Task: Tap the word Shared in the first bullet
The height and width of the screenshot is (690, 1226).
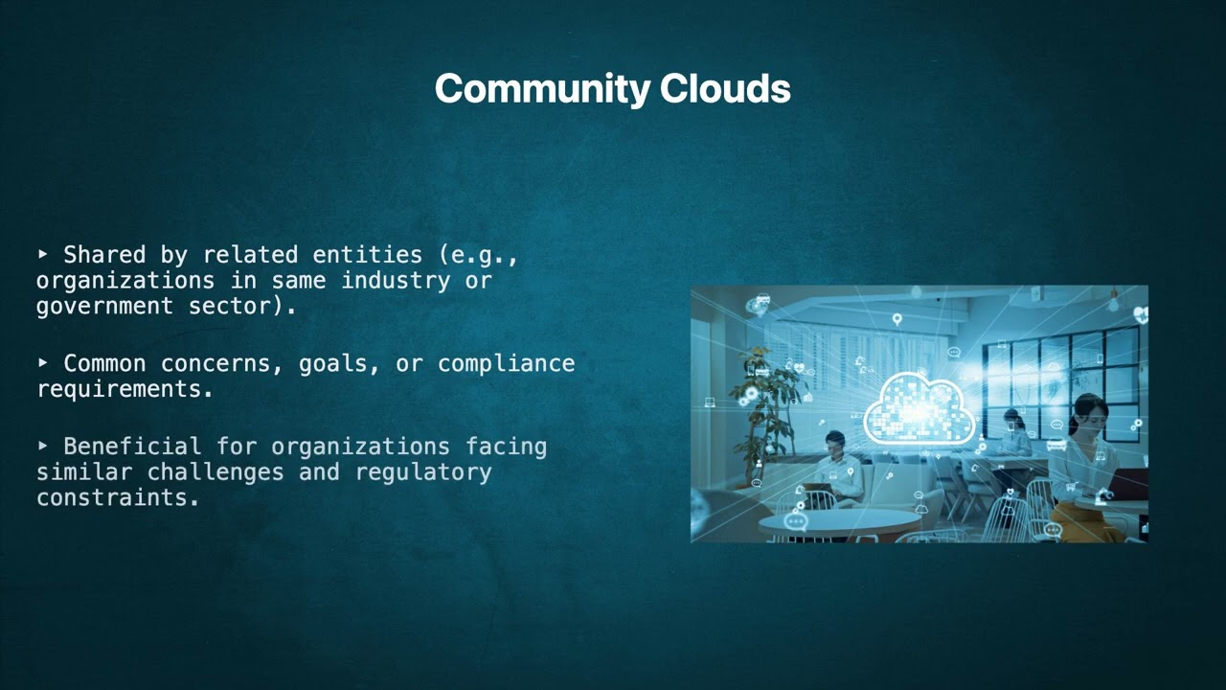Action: coord(104,255)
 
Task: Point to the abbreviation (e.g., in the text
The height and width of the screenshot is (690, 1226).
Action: coord(478,255)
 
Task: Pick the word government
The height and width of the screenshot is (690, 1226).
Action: coord(105,306)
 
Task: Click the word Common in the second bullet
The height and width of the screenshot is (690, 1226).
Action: coord(104,364)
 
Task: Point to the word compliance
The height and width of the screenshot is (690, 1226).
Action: coord(506,364)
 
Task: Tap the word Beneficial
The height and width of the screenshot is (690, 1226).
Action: coord(132,447)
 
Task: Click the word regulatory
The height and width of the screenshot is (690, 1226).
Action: coord(423,472)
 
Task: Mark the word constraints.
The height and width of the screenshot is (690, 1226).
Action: coord(118,497)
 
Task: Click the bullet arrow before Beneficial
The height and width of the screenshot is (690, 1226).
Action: coord(43,446)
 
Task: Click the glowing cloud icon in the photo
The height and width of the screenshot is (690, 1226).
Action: coord(919,407)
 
